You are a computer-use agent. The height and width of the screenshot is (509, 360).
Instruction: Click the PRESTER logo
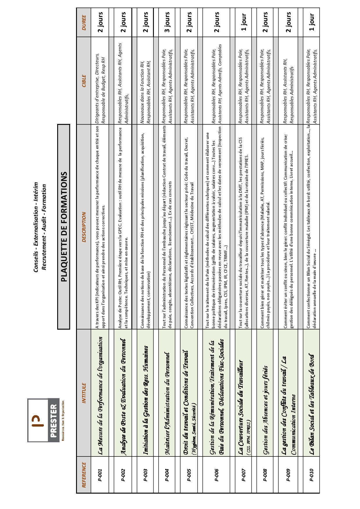click(x=44, y=420)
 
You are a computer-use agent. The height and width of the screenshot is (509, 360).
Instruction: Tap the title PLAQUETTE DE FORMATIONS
click(x=64, y=227)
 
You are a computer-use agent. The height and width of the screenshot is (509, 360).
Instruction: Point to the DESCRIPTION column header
click(x=84, y=227)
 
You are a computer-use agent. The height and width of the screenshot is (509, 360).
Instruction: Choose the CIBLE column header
click(x=84, y=81)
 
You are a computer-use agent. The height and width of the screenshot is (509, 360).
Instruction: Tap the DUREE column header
click(x=84, y=23)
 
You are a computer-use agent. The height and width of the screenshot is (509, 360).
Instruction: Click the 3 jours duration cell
click(x=167, y=23)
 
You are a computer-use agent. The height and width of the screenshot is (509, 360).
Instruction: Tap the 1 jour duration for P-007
click(x=244, y=23)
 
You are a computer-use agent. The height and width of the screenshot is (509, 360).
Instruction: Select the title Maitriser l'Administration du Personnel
click(x=167, y=403)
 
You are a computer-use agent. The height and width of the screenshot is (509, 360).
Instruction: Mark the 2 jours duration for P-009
click(x=288, y=23)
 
